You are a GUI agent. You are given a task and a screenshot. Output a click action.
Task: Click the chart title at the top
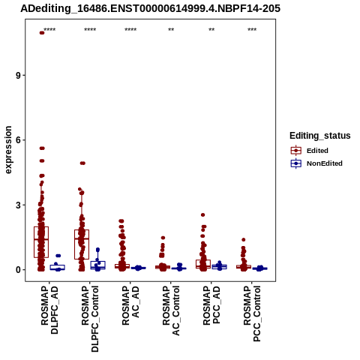click(x=150, y=9)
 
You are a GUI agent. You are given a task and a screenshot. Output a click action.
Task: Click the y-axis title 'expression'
click(x=8, y=150)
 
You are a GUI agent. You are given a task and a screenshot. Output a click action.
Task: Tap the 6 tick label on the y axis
click(x=19, y=140)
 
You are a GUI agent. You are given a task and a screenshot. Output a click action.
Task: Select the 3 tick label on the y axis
click(x=19, y=205)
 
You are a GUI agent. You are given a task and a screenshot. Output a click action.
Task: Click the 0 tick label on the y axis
click(x=19, y=270)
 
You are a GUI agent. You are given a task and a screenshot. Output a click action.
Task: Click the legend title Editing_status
click(x=320, y=136)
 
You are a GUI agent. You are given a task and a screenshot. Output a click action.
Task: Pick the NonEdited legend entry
click(x=316, y=163)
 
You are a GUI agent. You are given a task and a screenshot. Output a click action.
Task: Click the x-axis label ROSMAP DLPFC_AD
click(x=49, y=310)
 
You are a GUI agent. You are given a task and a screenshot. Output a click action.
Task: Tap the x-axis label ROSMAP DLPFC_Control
click(x=90, y=319)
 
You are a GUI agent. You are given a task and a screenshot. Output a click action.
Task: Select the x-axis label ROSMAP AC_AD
click(x=130, y=305)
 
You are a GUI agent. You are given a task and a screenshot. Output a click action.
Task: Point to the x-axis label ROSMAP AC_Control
click(x=171, y=310)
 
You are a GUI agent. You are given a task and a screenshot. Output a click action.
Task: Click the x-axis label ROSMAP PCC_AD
click(x=211, y=305)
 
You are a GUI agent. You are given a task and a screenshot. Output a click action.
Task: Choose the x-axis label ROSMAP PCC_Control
click(x=252, y=313)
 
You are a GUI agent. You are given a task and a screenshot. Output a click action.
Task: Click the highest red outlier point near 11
click(x=42, y=33)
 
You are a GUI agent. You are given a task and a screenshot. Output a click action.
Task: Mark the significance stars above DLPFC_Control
click(x=90, y=30)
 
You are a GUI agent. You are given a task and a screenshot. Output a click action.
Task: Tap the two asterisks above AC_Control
click(x=171, y=30)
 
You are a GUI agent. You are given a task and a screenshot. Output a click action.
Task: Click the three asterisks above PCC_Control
click(x=252, y=30)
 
